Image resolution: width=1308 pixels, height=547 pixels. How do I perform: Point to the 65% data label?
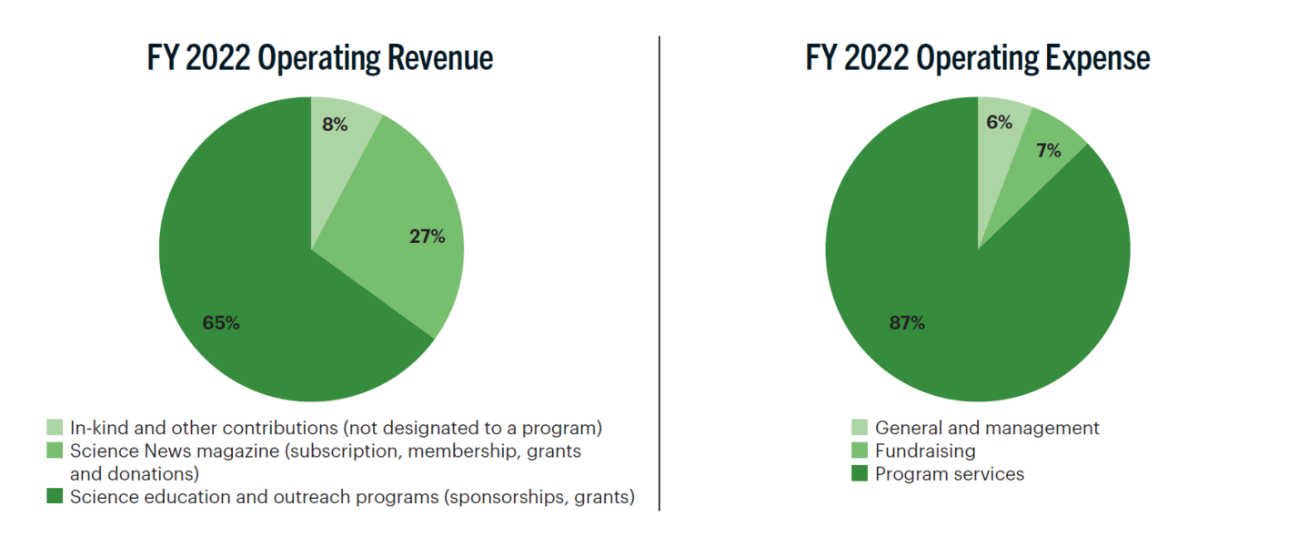coord(221,323)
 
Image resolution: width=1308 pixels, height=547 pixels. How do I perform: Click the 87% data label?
coord(907,323)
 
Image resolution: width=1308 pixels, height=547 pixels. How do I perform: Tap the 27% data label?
coord(427,238)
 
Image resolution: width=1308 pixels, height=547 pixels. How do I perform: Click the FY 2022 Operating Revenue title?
coord(320,58)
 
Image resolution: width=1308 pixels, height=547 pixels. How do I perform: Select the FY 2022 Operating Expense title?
coord(978,58)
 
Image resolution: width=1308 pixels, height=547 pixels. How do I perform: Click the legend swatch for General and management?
coord(860,428)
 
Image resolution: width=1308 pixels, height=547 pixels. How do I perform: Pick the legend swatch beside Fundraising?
coord(860,451)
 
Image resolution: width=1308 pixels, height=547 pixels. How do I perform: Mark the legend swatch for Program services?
coord(860,474)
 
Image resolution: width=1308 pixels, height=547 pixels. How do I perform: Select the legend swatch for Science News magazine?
coord(55,451)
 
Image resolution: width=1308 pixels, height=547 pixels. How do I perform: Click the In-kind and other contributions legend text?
coord(337,428)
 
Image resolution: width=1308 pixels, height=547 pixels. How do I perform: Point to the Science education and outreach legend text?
coord(352,497)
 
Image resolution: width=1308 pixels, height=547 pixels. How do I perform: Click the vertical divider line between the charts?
coord(659,273)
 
